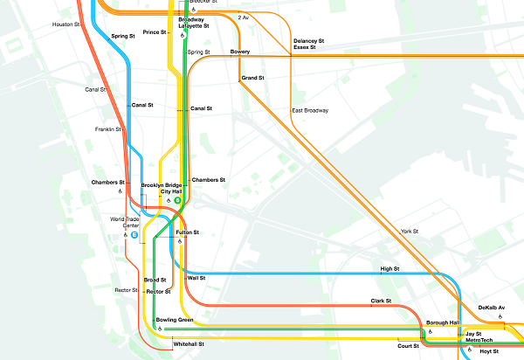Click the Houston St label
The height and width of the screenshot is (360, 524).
tap(65, 24)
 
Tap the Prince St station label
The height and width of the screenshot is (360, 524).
tap(154, 32)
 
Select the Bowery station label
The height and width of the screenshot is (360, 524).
tap(240, 52)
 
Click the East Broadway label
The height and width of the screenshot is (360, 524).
tap(310, 111)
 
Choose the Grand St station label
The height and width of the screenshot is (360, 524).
tap(253, 79)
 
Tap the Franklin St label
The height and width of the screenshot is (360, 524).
tap(107, 129)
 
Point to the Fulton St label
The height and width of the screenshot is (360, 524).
tap(188, 232)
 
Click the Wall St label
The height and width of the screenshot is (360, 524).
tap(196, 278)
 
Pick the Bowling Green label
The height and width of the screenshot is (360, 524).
tap(175, 320)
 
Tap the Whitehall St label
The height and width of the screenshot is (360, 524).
tap(189, 344)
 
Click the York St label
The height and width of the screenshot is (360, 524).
tap(410, 232)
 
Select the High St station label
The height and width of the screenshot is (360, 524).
tap(390, 268)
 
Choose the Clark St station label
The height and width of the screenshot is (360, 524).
tap(381, 301)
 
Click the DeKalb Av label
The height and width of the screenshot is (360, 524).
tap(492, 308)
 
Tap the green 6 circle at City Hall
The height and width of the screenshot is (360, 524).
tap(176, 200)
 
